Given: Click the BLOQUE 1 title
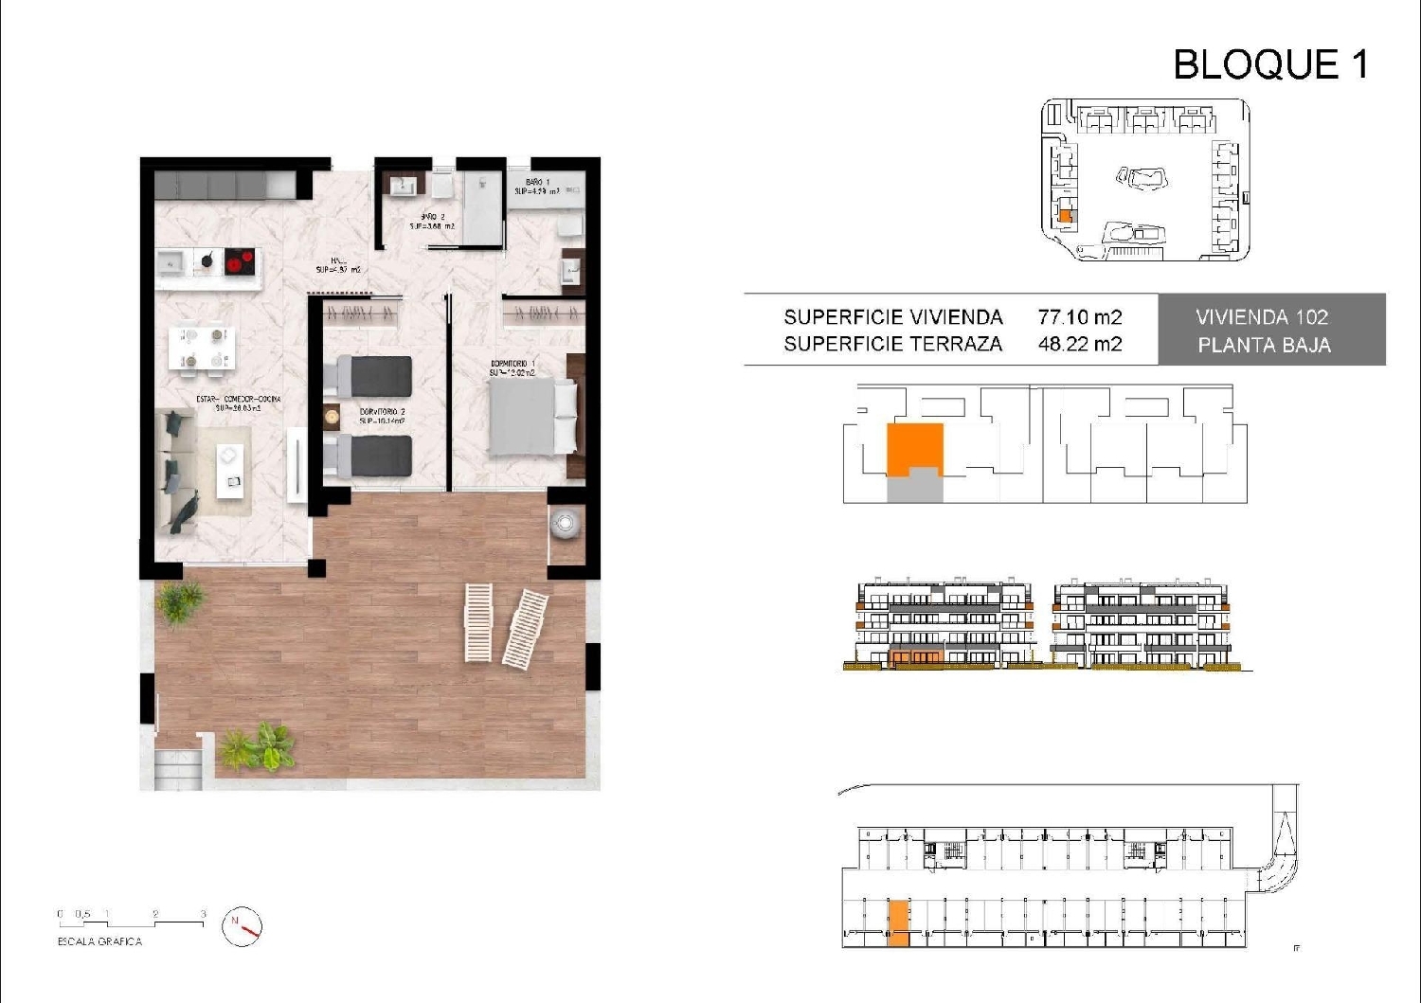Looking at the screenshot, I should pos(1270,64).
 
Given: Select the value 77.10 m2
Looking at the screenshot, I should pos(1079,317).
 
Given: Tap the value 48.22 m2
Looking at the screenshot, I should pos(1079,344).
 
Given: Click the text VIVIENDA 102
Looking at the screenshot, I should pos(1262,317).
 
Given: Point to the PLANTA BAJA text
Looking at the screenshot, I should pos(1264,346).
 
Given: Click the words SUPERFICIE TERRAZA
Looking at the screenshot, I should pos(892,344).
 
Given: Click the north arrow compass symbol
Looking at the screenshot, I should pos(242,926).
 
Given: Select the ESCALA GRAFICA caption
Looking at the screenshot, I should pos(99,941).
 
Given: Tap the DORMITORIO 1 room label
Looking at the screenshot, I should pos(513,364).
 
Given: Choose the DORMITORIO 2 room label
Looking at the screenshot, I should pos(382,411).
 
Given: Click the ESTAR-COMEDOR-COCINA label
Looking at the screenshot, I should pos(238,399).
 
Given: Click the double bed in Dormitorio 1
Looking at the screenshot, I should pos(532,418).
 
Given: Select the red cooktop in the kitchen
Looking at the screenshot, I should pos(241,260).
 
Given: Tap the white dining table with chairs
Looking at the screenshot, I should pos(204,348).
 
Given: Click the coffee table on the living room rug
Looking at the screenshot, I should pos(229,470).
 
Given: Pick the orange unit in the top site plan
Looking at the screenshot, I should pos(1064,216).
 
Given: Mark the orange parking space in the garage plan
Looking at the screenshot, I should pos(898,923).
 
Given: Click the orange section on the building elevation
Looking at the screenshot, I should pos(915,655).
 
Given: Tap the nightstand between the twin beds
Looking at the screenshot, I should pos(332,416).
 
